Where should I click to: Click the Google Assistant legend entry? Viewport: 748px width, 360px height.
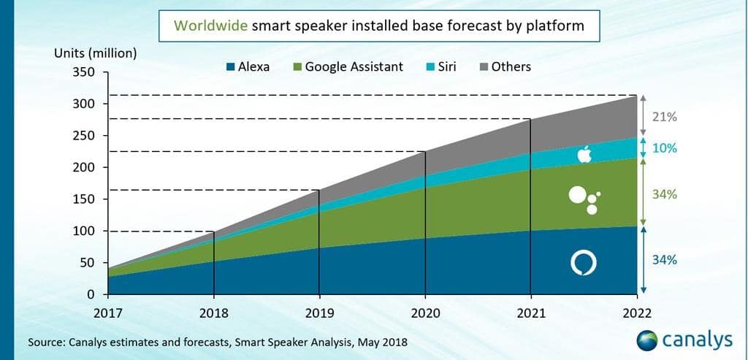pyautogui.click(x=346, y=66)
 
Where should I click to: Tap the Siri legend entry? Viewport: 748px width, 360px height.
pyautogui.click(x=440, y=66)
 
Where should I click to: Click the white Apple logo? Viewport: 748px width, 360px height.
pyautogui.click(x=584, y=154)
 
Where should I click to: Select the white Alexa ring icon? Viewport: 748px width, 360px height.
pyautogui.click(x=584, y=263)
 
